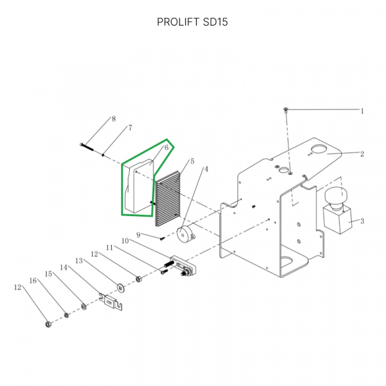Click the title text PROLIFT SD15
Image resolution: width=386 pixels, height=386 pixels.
(x=192, y=22)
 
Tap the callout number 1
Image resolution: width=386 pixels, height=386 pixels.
(x=362, y=111)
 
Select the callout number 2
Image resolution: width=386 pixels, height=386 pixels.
(x=362, y=154)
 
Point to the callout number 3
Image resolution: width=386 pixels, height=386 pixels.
(x=362, y=221)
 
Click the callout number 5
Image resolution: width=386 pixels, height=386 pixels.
(x=191, y=161)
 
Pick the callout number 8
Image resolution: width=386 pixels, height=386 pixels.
(x=113, y=119)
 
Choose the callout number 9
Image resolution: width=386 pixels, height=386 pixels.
(x=138, y=234)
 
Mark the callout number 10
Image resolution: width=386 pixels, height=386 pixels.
(x=125, y=241)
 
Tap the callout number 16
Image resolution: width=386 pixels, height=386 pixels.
(x=32, y=280)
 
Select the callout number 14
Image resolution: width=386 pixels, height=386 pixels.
(x=64, y=267)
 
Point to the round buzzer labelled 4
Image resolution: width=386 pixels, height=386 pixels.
(x=187, y=235)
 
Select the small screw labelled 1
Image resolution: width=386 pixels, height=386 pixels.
(x=286, y=111)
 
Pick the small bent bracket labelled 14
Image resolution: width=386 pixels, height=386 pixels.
(x=112, y=302)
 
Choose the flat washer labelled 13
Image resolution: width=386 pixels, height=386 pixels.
(x=120, y=286)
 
